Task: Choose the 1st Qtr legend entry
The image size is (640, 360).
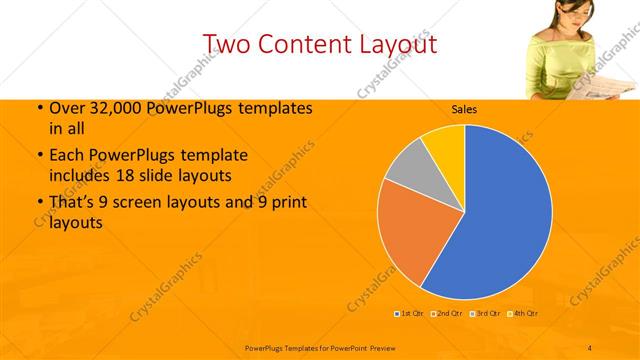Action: point(409,314)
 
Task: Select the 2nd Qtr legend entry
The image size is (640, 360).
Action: point(447,314)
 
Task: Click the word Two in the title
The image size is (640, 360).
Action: point(229,44)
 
